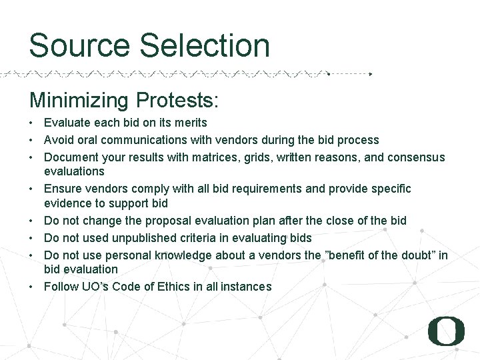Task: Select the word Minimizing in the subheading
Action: click(x=79, y=101)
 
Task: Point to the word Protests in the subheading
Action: click(x=177, y=101)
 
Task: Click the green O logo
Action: click(x=446, y=331)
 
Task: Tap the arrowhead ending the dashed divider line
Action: click(x=370, y=74)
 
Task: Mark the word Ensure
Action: click(x=63, y=189)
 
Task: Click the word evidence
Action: click(x=69, y=203)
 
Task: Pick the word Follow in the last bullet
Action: click(x=61, y=287)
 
